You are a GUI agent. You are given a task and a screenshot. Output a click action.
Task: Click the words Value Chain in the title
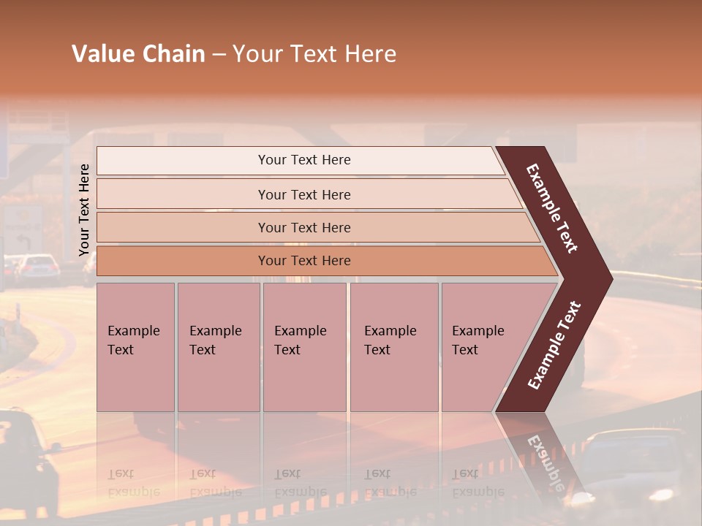[x=138, y=54]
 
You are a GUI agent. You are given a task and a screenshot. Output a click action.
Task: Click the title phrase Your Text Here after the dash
[x=314, y=54]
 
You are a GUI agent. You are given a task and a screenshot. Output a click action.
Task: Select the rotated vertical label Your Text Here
[x=84, y=210]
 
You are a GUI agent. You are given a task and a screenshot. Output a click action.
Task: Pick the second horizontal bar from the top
[x=304, y=194]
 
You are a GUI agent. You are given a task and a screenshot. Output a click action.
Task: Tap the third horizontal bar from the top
[x=304, y=227]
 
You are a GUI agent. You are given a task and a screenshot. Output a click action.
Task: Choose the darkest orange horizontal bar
[x=304, y=261]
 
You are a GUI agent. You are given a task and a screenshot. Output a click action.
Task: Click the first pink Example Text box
[x=135, y=347]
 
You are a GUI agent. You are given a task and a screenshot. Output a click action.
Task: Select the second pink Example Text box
[x=218, y=347]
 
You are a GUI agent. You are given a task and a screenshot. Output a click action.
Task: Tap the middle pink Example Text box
[x=304, y=347]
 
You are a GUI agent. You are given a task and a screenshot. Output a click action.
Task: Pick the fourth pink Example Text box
[x=393, y=347]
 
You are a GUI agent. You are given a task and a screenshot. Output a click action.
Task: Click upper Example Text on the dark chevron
[x=553, y=209]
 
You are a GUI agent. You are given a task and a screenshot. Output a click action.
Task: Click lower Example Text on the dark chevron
[x=554, y=345]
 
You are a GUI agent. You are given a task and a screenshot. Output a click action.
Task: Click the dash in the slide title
[x=219, y=54]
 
